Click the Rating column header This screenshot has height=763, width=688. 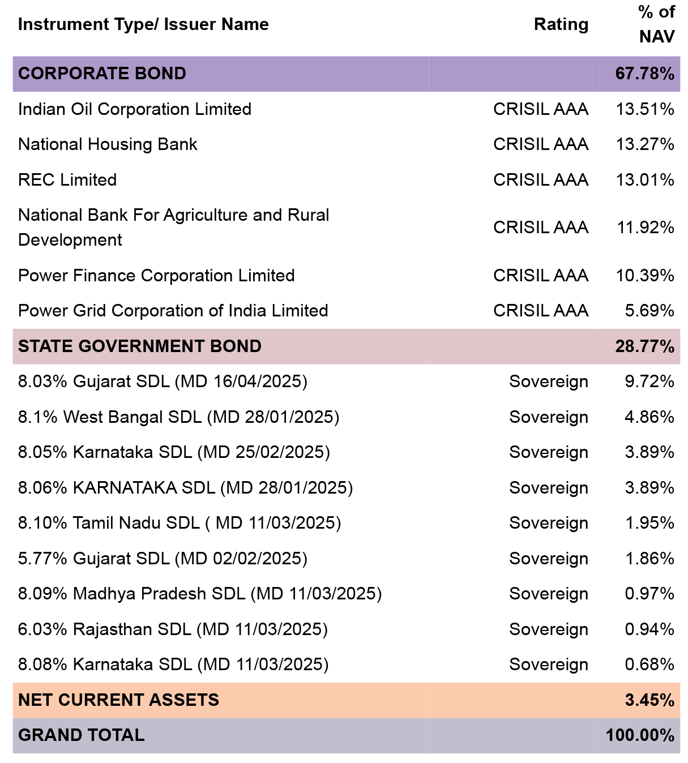click(x=561, y=24)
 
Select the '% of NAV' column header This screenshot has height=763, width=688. click(x=656, y=24)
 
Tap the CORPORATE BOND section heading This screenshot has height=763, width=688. click(x=102, y=74)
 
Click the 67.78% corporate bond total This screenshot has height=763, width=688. click(x=644, y=74)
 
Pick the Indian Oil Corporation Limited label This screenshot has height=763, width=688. click(x=135, y=109)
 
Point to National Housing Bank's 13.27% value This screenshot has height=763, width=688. click(x=645, y=144)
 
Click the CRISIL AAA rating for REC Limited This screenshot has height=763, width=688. click(x=541, y=180)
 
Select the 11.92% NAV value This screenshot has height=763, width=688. click(x=646, y=228)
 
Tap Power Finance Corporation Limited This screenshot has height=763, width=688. click(x=156, y=276)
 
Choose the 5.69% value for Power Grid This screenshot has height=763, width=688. click(x=649, y=311)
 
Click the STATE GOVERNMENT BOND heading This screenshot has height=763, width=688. click(x=140, y=346)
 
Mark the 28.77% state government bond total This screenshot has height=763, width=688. click(x=644, y=346)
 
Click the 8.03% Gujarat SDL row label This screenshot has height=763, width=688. click(x=163, y=381)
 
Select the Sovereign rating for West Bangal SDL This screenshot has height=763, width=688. click(x=549, y=417)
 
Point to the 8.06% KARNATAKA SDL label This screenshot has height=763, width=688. click(x=185, y=487)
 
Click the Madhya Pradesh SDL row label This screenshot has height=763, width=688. click(x=200, y=594)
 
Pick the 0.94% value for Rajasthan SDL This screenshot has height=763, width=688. click(x=649, y=629)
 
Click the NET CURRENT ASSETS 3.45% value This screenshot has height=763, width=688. click(x=649, y=700)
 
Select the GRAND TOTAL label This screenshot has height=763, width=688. click(x=82, y=735)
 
